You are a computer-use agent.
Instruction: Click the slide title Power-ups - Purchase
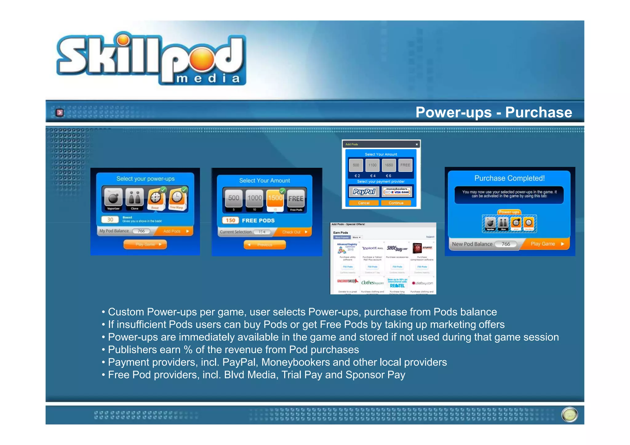(493, 112)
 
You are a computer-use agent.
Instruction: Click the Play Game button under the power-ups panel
(145, 244)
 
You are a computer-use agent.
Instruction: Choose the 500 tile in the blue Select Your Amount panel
(233, 198)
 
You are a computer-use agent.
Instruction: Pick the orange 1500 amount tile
(275, 198)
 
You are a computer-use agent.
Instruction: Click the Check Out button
(294, 232)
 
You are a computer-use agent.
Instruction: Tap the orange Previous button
(265, 245)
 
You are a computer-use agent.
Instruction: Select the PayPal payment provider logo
(364, 192)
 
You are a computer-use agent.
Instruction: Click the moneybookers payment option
(397, 191)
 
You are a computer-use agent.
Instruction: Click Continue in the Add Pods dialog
(396, 203)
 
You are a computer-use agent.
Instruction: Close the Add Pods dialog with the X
(417, 144)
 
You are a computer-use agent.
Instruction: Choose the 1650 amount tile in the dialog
(389, 165)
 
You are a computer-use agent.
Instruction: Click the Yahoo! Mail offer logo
(372, 248)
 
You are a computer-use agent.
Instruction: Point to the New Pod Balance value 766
(506, 244)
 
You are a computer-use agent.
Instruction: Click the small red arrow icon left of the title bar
(60, 113)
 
